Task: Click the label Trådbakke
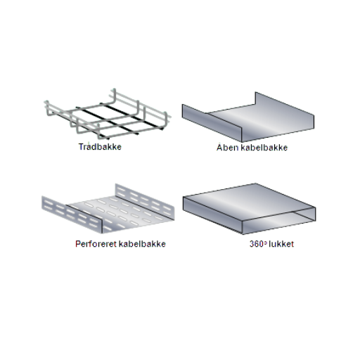coord(100,147)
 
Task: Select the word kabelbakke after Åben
coord(264,148)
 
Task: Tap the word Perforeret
coord(96,244)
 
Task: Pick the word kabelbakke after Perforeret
coord(143,244)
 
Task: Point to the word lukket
coord(281,244)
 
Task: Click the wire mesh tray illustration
coord(108,114)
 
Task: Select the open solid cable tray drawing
coord(248,117)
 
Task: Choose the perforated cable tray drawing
coord(108,209)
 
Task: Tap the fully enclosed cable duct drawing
coord(249,209)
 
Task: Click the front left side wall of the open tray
coord(212,123)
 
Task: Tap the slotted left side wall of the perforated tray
coord(72,214)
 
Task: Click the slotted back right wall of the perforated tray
coord(145,202)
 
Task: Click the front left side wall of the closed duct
coord(212,215)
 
